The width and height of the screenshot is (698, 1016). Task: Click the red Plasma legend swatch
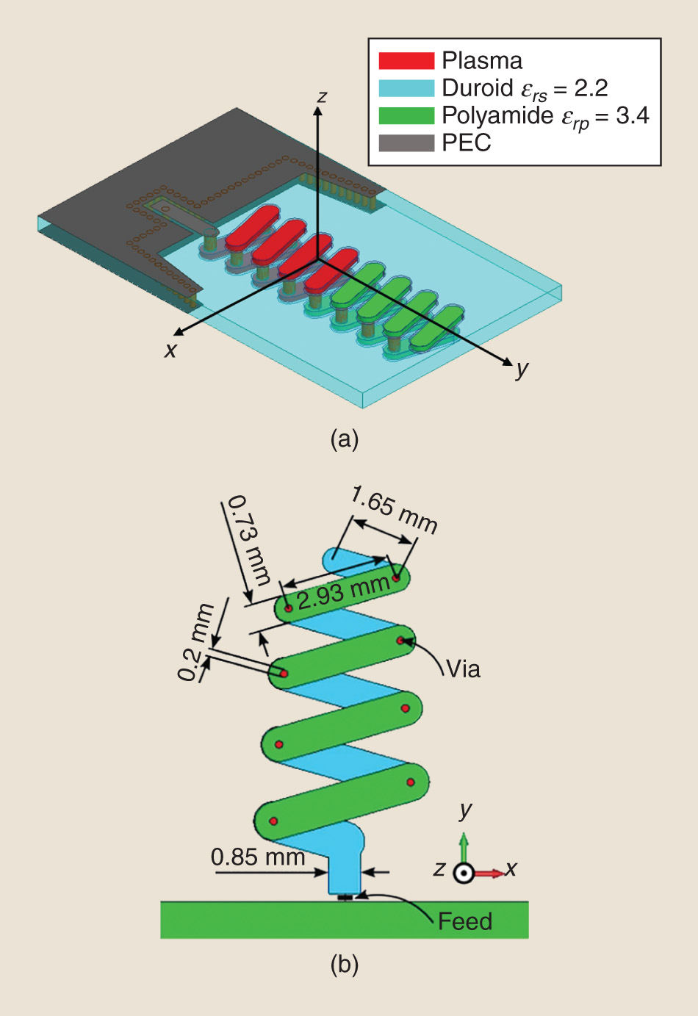406,60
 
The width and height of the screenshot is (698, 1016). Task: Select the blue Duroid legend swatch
406,88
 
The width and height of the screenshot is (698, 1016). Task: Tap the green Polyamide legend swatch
406,115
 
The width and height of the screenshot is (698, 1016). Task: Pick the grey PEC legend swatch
406,143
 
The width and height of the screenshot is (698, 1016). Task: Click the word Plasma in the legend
482,60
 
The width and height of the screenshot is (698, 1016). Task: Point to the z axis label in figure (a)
322,96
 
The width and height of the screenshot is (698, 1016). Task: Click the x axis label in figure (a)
170,350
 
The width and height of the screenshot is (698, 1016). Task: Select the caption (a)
345,439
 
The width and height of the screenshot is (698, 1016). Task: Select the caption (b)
345,963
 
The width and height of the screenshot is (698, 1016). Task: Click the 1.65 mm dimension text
394,508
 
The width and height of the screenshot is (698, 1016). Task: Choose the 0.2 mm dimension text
195,641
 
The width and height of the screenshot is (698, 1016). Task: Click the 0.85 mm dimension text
257,857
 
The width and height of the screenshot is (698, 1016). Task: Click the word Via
463,669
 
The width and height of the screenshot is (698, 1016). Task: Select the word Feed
465,921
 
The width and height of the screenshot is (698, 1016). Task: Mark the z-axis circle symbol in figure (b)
464,873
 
